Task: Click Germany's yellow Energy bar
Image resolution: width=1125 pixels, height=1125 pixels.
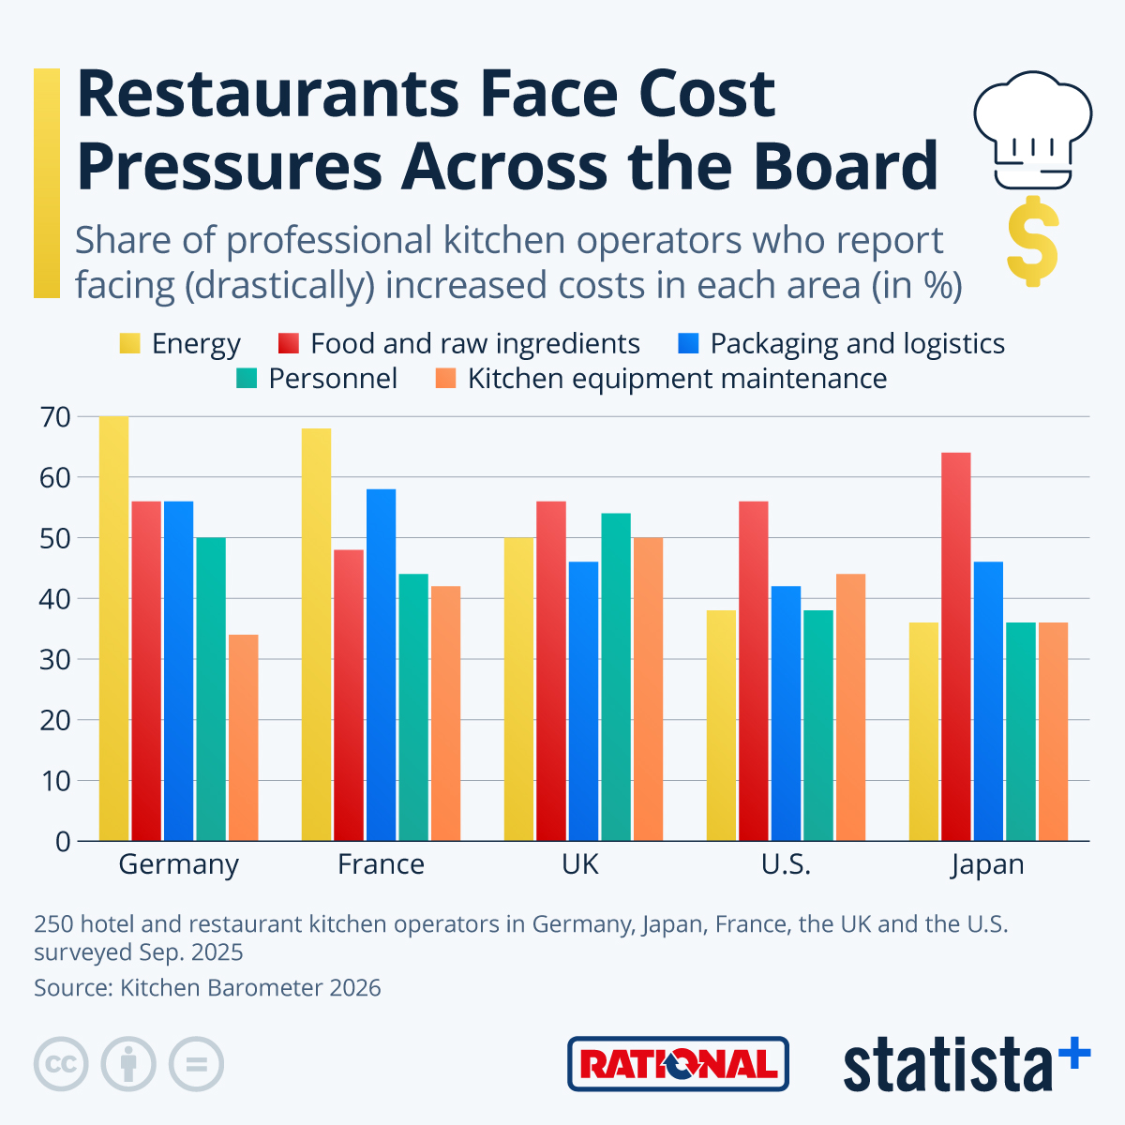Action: point(113,628)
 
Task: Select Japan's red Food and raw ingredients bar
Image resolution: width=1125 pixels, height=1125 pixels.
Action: point(955,647)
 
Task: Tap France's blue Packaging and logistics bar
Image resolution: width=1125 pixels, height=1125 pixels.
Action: point(381,665)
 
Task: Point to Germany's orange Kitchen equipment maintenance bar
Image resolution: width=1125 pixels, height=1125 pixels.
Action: point(243,738)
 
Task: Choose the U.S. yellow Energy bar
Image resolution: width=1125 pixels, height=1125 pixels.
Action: point(721,726)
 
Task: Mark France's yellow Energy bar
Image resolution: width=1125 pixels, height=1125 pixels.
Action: point(316,635)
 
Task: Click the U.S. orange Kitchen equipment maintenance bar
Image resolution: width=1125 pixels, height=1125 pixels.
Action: point(850,707)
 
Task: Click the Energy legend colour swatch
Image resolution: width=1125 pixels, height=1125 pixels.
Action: point(129,344)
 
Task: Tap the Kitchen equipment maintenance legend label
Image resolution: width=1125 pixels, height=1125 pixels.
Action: point(677,379)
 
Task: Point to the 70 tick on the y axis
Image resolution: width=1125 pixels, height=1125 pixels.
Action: point(55,417)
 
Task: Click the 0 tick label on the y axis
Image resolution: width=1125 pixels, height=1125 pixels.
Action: point(63,841)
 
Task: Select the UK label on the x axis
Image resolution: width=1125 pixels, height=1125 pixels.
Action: point(580,864)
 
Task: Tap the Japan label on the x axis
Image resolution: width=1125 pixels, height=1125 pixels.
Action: point(987,864)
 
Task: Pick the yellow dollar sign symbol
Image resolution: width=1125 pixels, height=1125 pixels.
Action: point(1032,241)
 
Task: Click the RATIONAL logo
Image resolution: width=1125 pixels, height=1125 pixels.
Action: point(678,1064)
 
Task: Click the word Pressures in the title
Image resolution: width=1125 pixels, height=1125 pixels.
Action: point(229,166)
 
